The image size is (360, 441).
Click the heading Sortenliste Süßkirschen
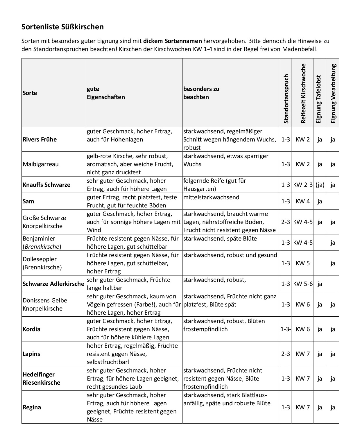click(62, 27)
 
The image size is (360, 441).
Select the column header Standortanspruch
click(286, 99)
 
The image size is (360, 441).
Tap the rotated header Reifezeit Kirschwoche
click(303, 94)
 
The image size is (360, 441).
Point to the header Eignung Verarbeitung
click(333, 94)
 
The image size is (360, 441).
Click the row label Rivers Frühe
click(40, 139)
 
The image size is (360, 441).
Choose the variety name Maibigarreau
click(41, 164)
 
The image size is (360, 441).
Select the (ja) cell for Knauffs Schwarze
click(320, 185)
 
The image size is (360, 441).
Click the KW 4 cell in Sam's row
click(303, 201)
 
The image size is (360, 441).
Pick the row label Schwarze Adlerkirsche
click(53, 284)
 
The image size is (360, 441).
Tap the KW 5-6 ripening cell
click(303, 284)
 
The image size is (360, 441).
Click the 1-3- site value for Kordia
click(286, 329)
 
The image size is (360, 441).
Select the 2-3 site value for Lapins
click(286, 354)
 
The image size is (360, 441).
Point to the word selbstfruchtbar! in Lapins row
click(108, 362)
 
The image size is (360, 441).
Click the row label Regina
click(32, 407)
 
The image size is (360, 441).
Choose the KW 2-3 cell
click(303, 185)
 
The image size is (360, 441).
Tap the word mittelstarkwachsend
click(211, 198)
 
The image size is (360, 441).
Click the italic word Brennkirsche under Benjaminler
click(42, 247)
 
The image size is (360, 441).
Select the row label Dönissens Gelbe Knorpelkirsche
click(45, 304)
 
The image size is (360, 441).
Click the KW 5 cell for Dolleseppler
click(303, 263)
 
